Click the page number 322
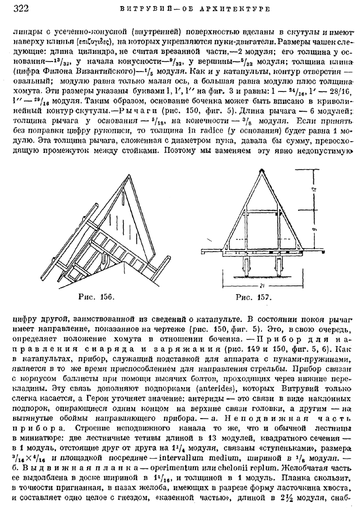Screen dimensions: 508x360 point(20,8)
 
